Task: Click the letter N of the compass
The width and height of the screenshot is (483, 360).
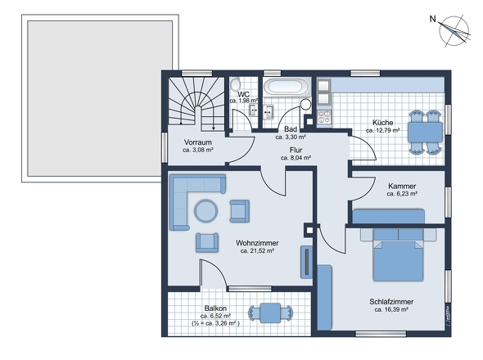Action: (433, 19)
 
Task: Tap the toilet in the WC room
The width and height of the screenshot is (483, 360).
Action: (236, 83)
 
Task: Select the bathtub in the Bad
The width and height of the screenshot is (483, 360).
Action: (287, 86)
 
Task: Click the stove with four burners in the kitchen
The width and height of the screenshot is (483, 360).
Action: (324, 117)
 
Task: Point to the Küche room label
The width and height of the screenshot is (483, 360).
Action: (383, 123)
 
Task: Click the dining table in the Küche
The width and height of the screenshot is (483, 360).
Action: (425, 132)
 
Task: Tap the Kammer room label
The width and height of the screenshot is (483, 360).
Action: (402, 186)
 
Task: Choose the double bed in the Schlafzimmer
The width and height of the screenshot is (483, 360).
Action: (399, 254)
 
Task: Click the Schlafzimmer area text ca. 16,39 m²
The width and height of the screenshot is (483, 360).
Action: (391, 309)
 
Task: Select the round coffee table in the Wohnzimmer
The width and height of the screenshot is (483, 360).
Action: (206, 211)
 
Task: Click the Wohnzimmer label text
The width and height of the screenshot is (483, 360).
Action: (257, 243)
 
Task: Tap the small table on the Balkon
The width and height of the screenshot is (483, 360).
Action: (270, 313)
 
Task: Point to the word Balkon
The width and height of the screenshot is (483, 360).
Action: (215, 308)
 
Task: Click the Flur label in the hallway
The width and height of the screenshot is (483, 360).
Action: (296, 150)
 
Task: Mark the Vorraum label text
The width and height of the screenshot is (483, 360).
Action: (198, 142)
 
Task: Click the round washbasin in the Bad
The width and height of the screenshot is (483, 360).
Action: (306, 104)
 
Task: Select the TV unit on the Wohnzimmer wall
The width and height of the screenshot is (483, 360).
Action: (306, 262)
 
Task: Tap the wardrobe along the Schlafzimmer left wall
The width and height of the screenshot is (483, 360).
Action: (324, 297)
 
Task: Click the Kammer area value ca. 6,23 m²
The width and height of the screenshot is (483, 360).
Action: (402, 194)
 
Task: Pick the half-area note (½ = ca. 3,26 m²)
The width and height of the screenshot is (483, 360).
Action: (215, 323)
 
